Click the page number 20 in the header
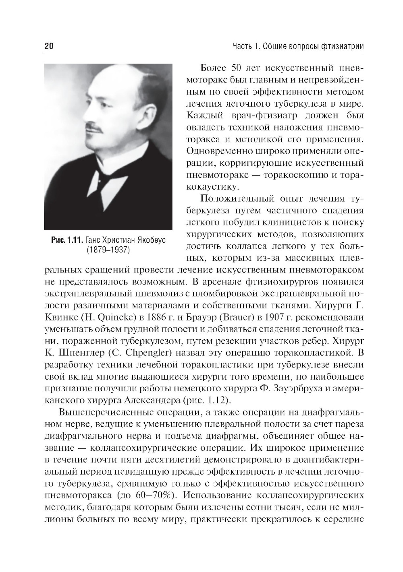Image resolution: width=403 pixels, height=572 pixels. click(49, 46)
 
